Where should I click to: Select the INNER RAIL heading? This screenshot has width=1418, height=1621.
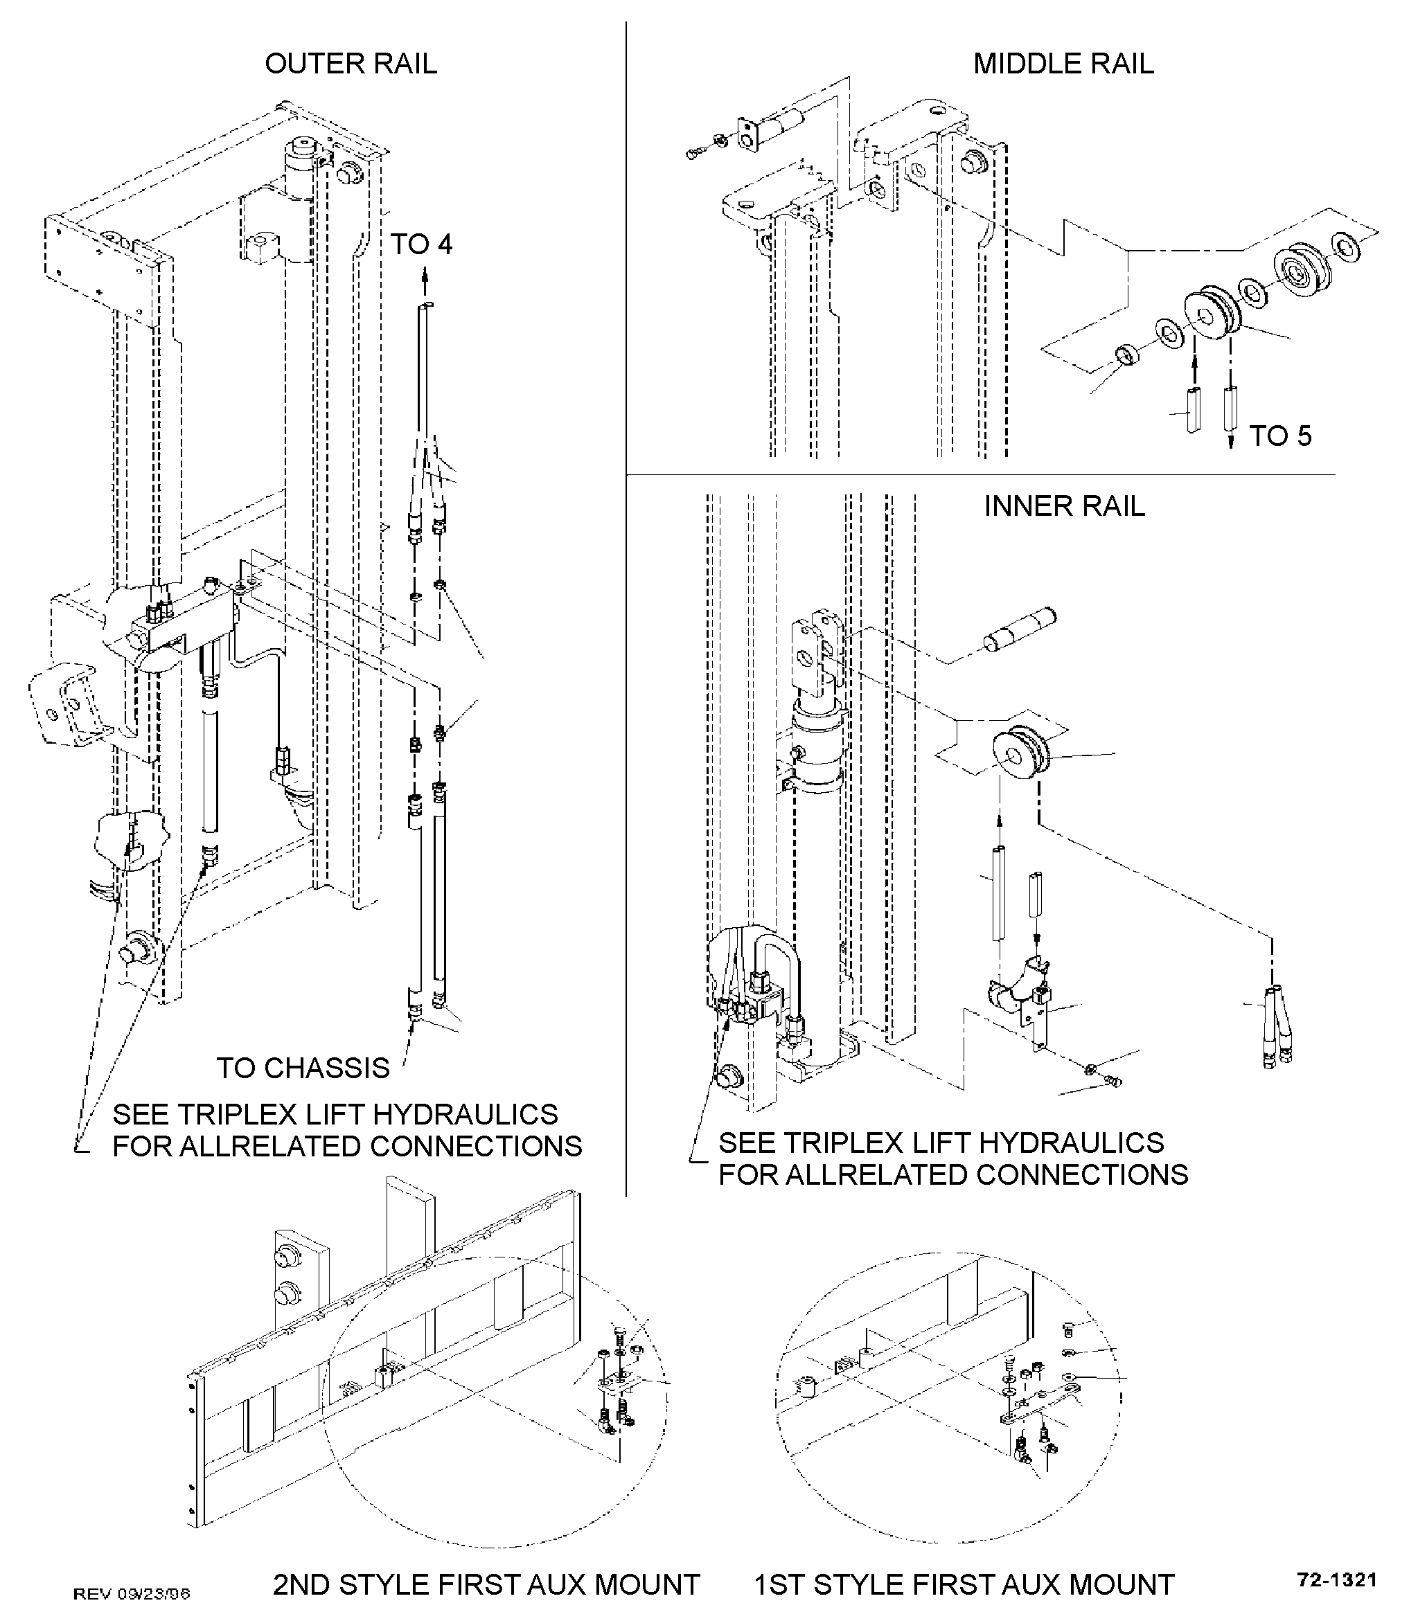1064,506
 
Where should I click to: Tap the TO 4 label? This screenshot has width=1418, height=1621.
421,244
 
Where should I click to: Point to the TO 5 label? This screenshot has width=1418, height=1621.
1280,436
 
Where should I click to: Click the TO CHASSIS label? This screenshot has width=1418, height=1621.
303,1068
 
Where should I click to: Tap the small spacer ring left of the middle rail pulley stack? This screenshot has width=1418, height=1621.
1128,355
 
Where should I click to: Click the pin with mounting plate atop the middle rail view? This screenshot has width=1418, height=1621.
768,129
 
